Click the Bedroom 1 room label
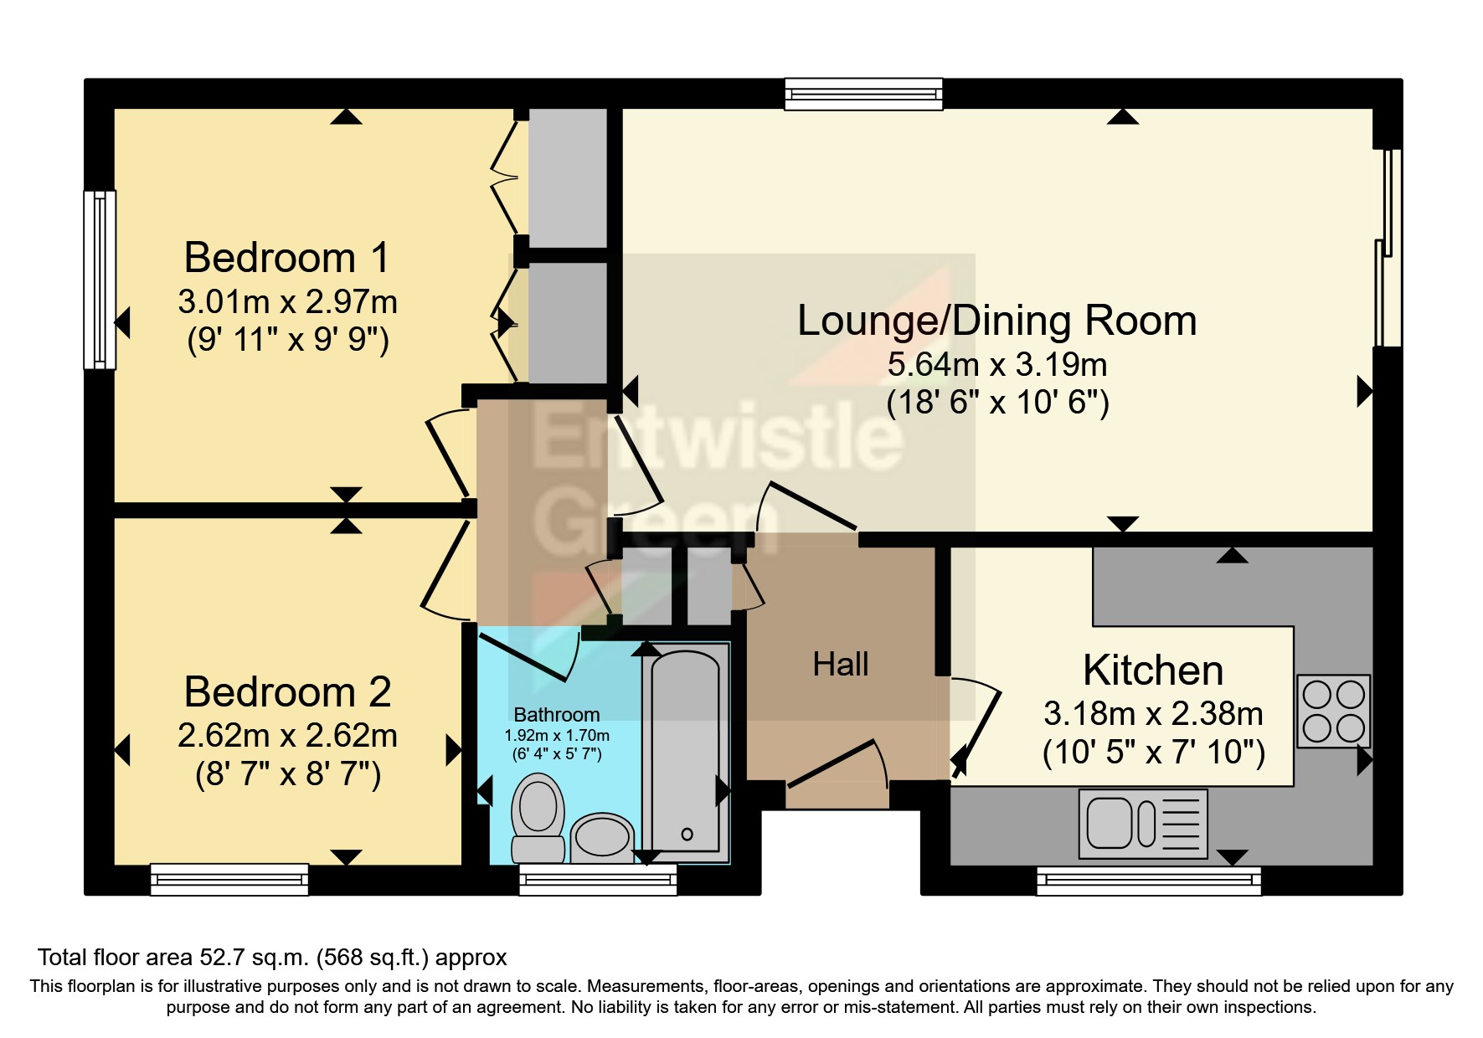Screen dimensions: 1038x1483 (x=287, y=258)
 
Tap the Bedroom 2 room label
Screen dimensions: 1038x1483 (x=287, y=692)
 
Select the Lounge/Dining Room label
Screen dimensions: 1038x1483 (x=996, y=321)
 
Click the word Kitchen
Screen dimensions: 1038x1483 (x=1153, y=671)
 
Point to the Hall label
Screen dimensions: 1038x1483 (x=841, y=665)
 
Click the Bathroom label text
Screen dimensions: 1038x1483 (x=556, y=715)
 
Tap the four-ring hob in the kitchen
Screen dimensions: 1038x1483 (x=1334, y=711)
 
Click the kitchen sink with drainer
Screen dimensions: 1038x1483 (x=1143, y=824)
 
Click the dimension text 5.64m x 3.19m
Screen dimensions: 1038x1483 (x=996, y=366)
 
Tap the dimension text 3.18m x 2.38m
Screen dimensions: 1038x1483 (x=1153, y=714)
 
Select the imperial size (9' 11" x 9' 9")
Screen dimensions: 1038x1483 (x=287, y=341)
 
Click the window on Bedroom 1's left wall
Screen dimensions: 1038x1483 (x=100, y=280)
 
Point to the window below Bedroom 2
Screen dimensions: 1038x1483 (x=229, y=880)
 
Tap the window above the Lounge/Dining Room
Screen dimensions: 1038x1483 (x=863, y=94)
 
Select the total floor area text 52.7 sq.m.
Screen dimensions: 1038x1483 (x=272, y=957)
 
